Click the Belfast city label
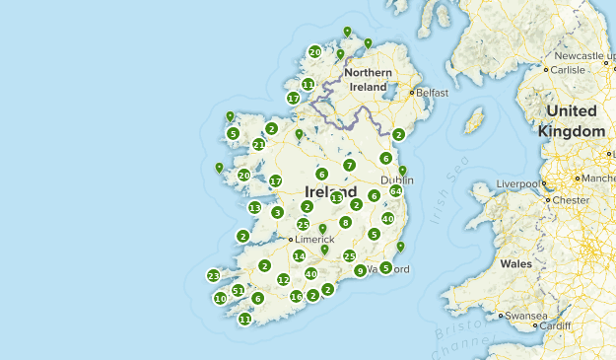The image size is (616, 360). point(432,93)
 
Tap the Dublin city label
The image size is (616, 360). point(397,180)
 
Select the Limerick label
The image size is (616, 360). point(313,240)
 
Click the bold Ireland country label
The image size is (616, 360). point(330,191)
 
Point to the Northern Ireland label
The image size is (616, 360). point(369,80)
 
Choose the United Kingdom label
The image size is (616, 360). point(572,120)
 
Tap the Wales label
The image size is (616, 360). point(515,263)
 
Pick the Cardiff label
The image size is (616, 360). point(555,325)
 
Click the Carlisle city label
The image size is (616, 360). point(568,70)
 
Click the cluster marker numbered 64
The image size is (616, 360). point(395,191)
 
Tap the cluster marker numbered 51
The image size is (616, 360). point(238,290)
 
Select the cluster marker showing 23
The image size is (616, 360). point(214,276)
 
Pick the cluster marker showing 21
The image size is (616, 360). point(258,145)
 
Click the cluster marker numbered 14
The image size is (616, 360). point(300,256)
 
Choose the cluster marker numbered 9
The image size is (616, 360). point(361,271)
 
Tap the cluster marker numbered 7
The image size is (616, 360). point(349,166)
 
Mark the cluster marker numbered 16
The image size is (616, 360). point(296,297)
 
